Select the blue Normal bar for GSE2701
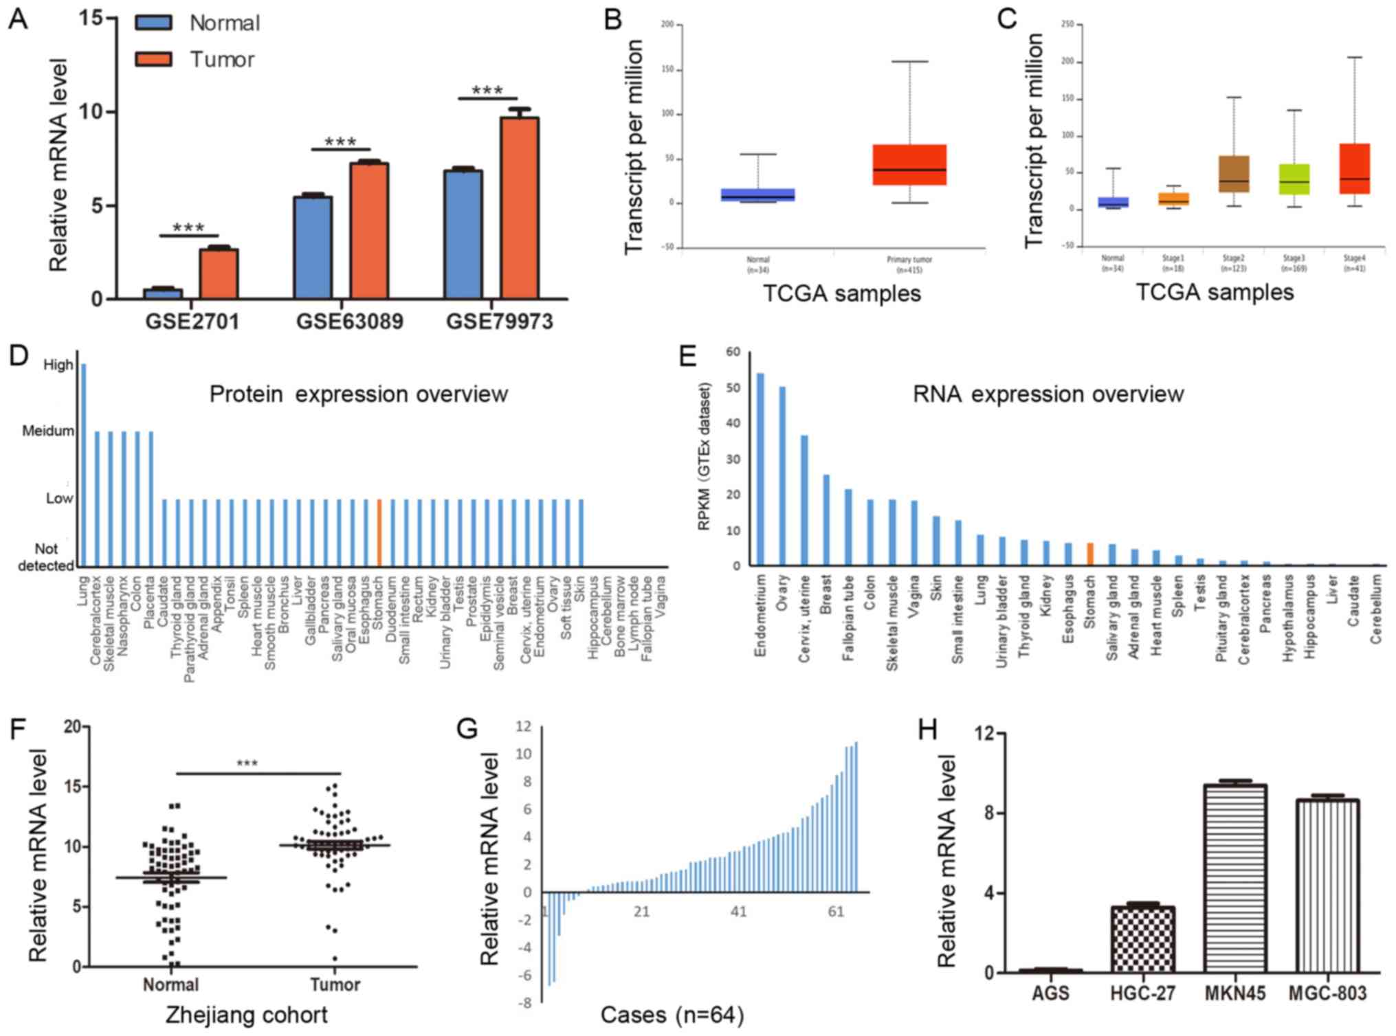163,293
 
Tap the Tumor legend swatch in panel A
153,59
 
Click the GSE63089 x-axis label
349,322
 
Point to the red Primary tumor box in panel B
909,165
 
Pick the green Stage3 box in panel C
1294,179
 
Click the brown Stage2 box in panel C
1233,174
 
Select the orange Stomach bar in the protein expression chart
379,532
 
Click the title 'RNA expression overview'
1048,394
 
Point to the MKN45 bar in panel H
1235,879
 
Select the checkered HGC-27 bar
1142,939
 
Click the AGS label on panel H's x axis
1050,993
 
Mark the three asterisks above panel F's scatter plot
247,763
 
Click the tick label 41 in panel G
738,912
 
